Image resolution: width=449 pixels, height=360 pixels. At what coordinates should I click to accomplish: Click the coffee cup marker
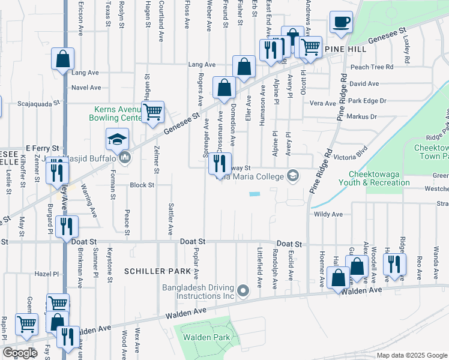click(x=340, y=23)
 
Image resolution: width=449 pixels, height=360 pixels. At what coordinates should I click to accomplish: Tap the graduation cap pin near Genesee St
click(x=118, y=139)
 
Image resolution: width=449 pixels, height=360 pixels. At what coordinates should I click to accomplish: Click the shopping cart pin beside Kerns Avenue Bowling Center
click(x=153, y=111)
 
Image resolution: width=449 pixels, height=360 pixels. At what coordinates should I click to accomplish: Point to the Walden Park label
click(x=207, y=338)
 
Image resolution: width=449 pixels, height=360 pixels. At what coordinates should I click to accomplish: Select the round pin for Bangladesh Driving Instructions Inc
click(x=243, y=291)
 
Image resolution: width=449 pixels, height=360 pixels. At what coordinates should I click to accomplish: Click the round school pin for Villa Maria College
click(x=292, y=175)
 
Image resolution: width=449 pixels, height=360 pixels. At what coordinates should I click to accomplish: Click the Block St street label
click(x=142, y=185)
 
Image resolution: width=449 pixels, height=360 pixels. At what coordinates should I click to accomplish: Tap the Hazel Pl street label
click(x=49, y=273)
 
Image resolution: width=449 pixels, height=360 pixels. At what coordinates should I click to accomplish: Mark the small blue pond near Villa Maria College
click(x=255, y=194)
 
